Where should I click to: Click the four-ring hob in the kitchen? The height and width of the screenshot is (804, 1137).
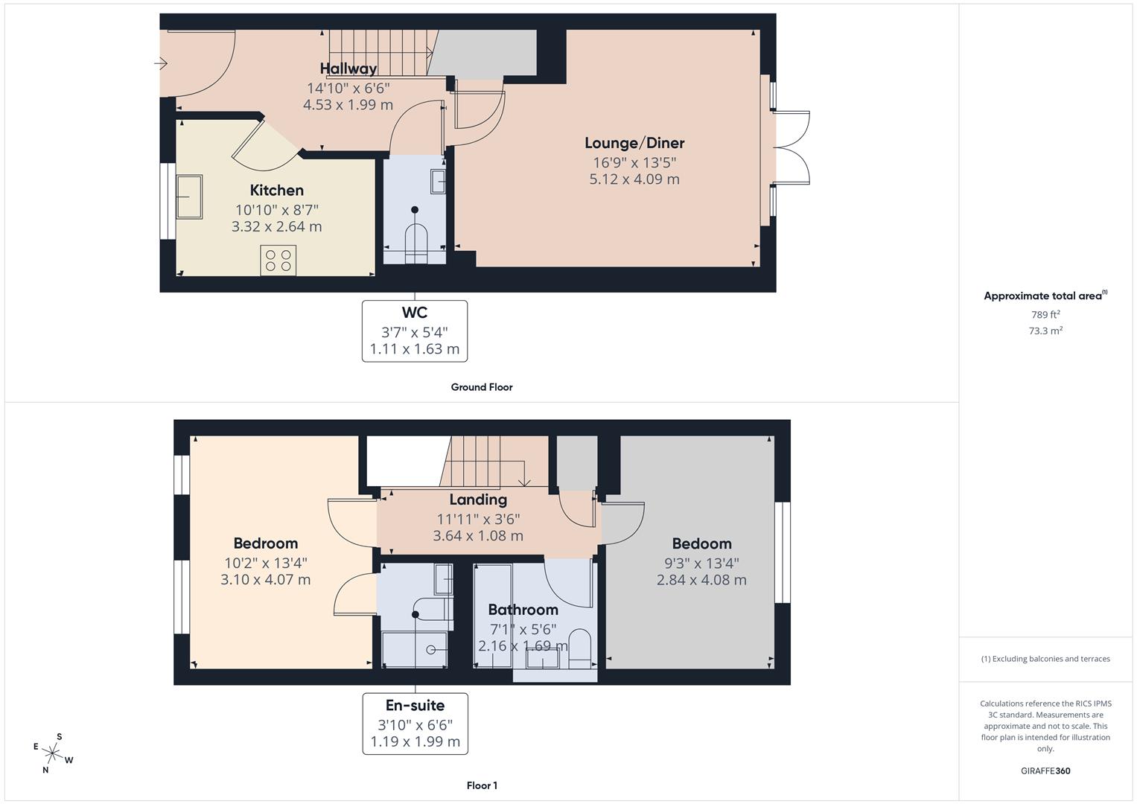click(x=278, y=261)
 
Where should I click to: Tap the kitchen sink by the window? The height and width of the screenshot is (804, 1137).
click(x=189, y=197)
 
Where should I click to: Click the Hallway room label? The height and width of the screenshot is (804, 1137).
click(x=348, y=68)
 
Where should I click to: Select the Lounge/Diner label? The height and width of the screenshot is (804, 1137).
click(x=634, y=143)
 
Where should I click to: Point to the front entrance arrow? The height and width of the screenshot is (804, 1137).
click(x=161, y=63)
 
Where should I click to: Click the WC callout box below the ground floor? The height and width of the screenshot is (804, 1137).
click(x=415, y=331)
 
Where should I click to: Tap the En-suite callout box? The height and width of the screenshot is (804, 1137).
click(x=415, y=724)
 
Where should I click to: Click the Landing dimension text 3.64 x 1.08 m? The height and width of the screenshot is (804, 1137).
click(x=478, y=535)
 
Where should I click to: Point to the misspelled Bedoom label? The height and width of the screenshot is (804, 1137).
click(x=702, y=543)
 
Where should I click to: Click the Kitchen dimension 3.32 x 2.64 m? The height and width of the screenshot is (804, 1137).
click(x=277, y=226)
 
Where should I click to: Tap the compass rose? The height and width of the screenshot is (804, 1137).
click(x=52, y=753)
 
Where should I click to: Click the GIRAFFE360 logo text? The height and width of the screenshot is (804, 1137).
click(x=1045, y=770)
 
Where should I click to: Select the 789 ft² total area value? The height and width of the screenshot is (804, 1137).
click(x=1045, y=314)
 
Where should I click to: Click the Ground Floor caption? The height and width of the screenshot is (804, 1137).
click(x=482, y=387)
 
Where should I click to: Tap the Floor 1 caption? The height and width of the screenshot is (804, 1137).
click(x=482, y=785)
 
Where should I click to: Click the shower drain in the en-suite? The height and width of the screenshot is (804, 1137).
click(x=431, y=650)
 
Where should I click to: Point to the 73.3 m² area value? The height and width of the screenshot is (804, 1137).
click(x=1045, y=331)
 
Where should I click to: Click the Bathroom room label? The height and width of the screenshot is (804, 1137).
click(x=523, y=610)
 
